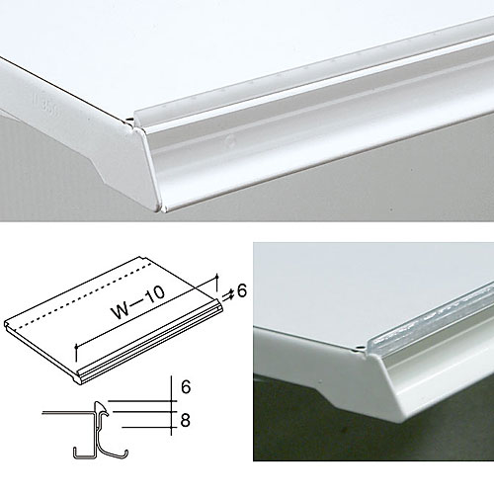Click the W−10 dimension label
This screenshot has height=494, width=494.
click(x=139, y=302)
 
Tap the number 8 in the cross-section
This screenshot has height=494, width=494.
click(x=186, y=421)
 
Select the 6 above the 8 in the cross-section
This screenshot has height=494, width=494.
click(x=186, y=386)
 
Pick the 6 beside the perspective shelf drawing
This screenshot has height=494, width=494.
click(x=242, y=291)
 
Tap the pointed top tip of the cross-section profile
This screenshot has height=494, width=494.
click(x=98, y=402)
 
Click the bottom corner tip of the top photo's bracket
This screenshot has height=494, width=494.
click(x=158, y=209)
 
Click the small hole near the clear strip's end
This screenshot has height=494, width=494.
click(x=362, y=347)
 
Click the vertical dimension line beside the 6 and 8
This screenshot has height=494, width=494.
click(x=172, y=405)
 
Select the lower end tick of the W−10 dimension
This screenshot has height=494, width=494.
click(x=76, y=353)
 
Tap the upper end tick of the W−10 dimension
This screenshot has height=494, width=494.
click(x=216, y=283)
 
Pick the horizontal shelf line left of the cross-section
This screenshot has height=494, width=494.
click(x=67, y=412)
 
